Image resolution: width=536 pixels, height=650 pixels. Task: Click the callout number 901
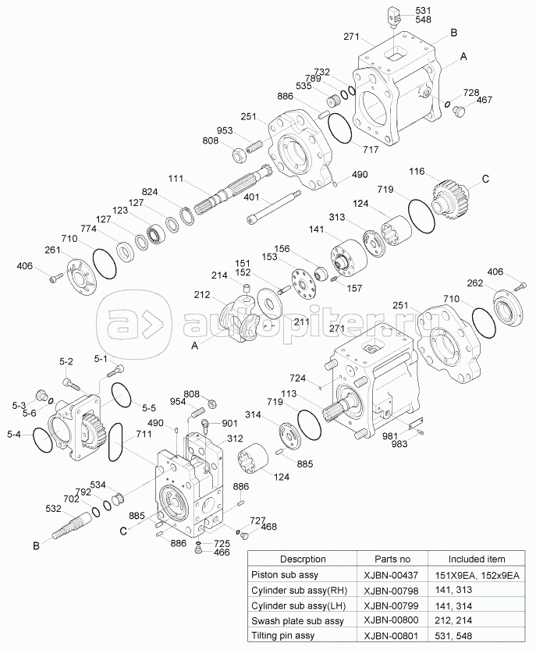click(229, 424)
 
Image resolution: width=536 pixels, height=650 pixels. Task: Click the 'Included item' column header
click(476, 559)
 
